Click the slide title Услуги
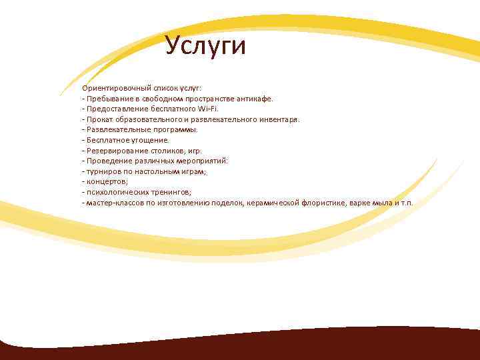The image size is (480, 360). coord(206,46)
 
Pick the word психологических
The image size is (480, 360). coord(117,192)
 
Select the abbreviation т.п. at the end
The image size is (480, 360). coord(406,202)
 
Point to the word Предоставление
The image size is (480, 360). coord(115,109)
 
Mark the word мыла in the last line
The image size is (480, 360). coord(381,202)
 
